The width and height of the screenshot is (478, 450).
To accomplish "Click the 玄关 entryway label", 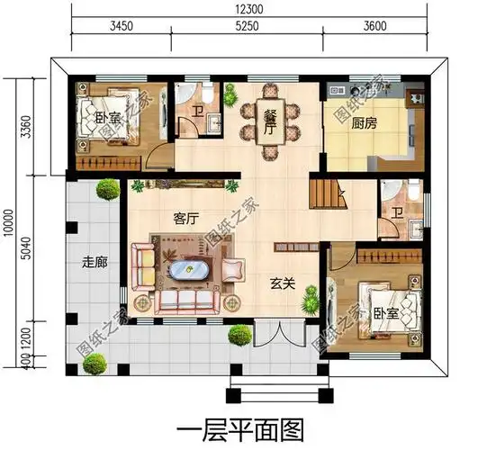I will click(x=283, y=283).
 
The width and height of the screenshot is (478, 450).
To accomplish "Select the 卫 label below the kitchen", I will click(x=397, y=213).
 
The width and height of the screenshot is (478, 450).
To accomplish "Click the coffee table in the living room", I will click(x=189, y=273).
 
